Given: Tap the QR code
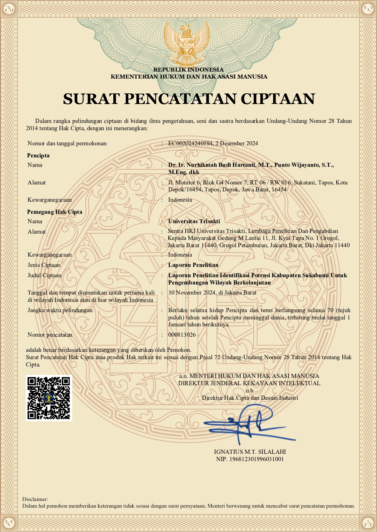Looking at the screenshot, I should [49, 398].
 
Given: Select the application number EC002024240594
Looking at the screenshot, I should [190, 143].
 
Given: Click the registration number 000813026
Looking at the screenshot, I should [182, 335].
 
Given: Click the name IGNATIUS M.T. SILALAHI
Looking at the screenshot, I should [250, 452].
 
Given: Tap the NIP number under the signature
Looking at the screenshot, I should [250, 459].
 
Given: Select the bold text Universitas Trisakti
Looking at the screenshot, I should [194, 221].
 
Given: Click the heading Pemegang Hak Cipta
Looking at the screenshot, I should [55, 212].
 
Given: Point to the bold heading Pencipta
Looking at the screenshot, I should [38, 156].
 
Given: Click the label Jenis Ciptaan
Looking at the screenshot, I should [44, 265].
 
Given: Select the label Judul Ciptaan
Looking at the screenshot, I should [44, 275].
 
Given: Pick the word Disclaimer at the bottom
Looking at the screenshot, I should [35, 499].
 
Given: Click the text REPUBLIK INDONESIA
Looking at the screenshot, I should [188, 70].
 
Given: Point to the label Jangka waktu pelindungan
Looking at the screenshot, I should [60, 310].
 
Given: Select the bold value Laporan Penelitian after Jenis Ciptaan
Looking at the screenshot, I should [193, 265].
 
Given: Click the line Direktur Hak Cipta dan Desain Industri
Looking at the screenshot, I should [250, 398].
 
